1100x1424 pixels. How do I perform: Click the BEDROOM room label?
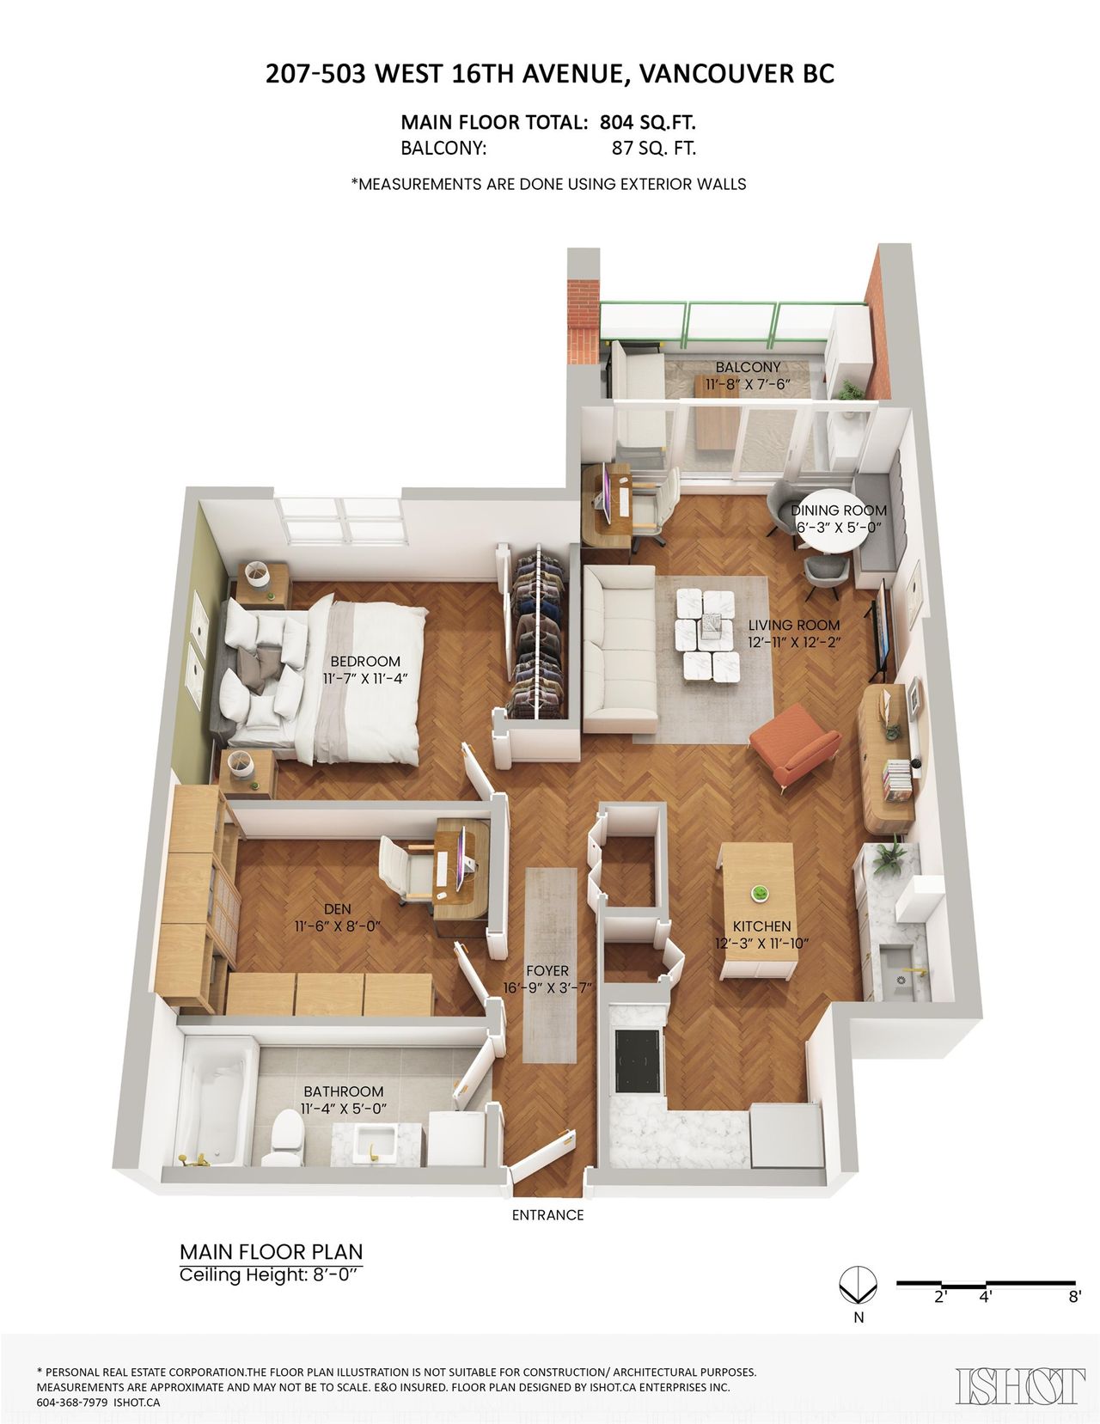point(365,661)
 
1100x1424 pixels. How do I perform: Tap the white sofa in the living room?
point(620,649)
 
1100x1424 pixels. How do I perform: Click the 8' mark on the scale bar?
point(1074,1297)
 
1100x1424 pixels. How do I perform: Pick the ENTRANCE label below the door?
point(547,1215)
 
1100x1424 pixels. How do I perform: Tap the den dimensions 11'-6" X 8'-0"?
point(338,926)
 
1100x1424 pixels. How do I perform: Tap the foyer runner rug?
point(551,964)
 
